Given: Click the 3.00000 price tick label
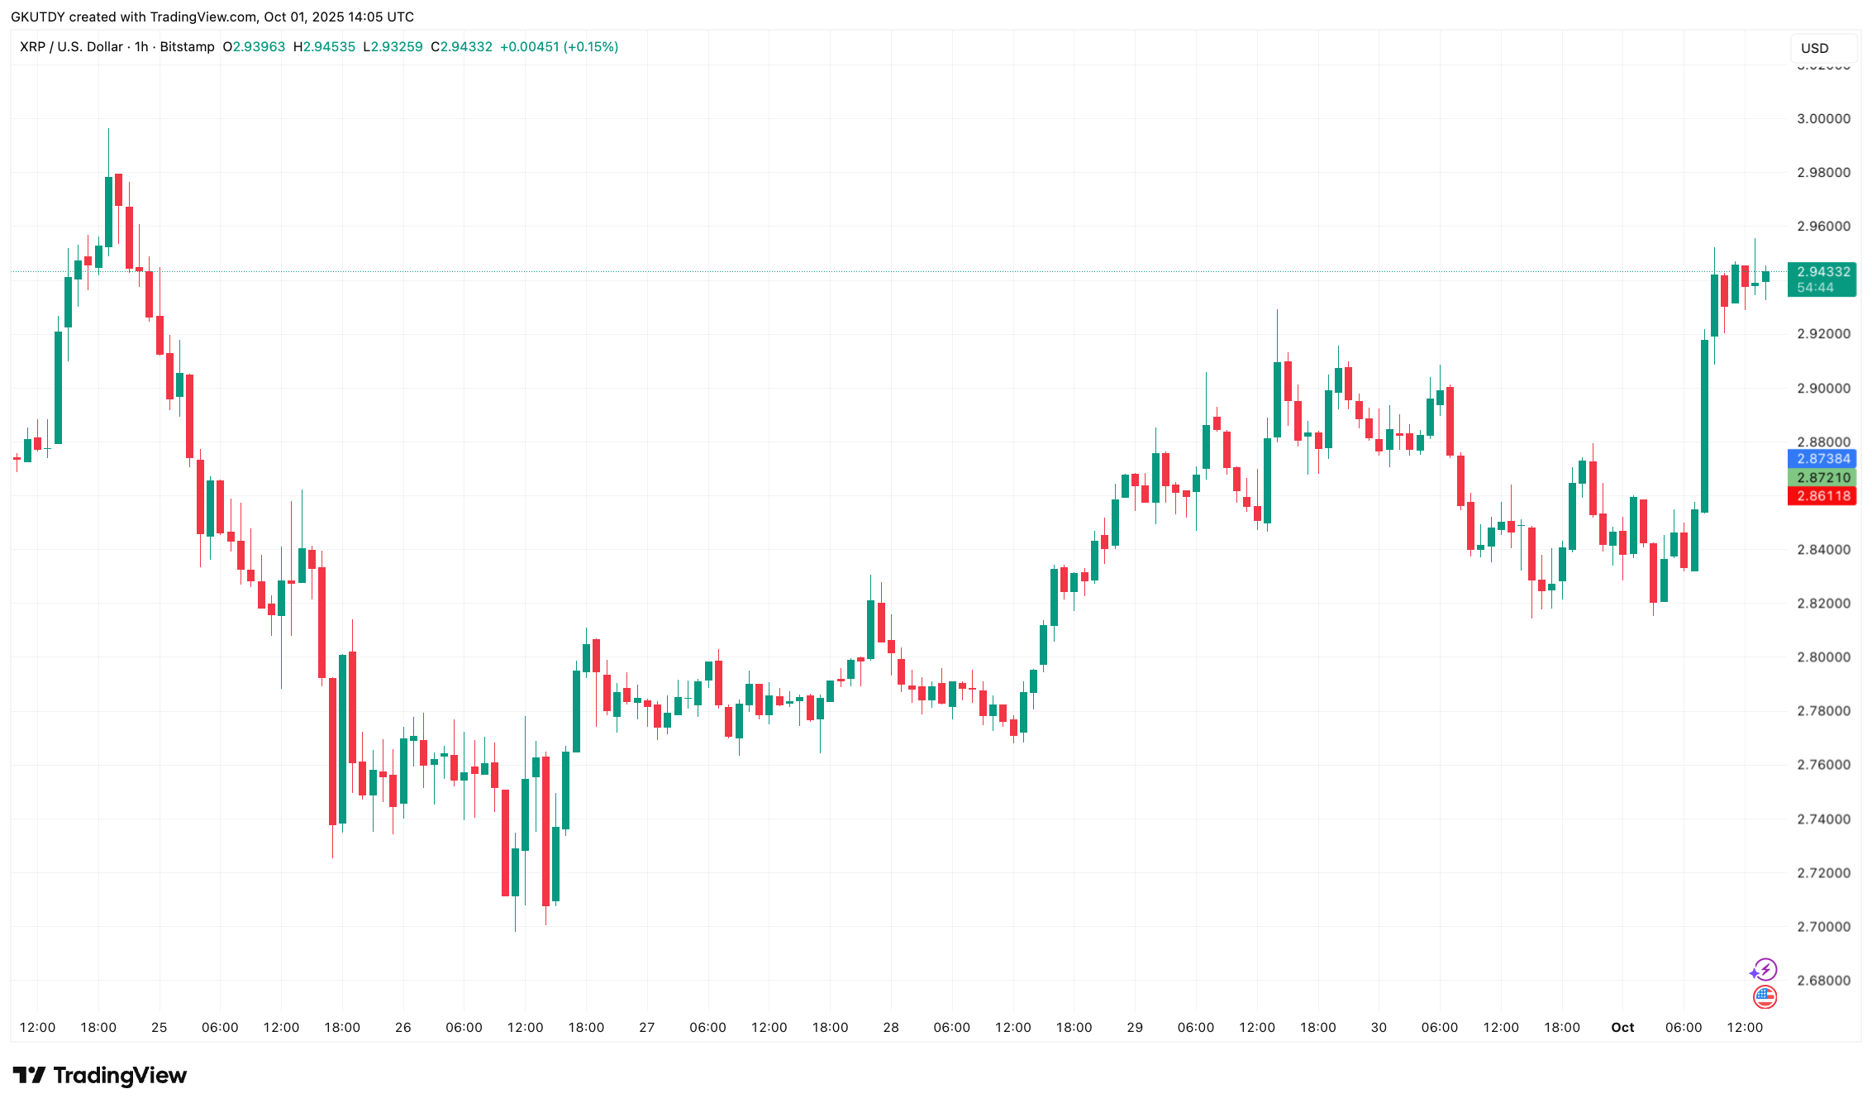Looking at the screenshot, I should tap(1823, 119).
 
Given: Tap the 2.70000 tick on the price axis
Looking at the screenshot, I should tap(1823, 927).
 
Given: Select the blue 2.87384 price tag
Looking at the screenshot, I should tap(1822, 459).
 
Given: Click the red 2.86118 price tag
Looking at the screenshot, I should tap(1822, 496).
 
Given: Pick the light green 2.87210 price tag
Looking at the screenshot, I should tap(1822, 478).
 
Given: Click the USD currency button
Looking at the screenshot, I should tap(1815, 48).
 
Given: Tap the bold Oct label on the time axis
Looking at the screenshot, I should tap(1622, 1028).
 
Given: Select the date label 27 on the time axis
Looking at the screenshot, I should tap(647, 1028).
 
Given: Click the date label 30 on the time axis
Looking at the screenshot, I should tap(1379, 1028).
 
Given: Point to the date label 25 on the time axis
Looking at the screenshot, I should tap(160, 1028).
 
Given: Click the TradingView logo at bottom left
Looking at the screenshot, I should tap(100, 1076).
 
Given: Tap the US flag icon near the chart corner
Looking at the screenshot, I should tap(1765, 997).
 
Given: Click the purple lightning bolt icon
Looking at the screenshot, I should tap(1764, 969).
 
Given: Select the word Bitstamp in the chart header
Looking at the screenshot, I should tap(187, 47).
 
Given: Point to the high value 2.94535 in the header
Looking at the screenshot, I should tap(329, 47).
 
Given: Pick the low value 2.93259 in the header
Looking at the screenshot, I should tap(397, 47).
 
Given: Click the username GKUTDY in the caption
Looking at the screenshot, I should tap(38, 17).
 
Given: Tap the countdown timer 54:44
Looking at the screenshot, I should tap(1815, 288).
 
